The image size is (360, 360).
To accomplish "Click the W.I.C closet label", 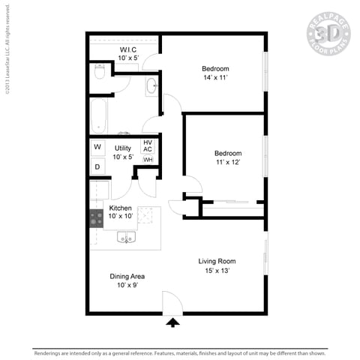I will [126, 49].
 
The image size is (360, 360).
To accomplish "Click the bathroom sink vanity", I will [151, 85].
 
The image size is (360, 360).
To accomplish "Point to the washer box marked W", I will [98, 147].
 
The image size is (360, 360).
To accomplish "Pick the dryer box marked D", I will [98, 167].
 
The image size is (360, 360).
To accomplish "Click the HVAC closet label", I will [148, 145].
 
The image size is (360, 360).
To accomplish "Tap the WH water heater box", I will [148, 160].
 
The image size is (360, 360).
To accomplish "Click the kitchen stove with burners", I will [97, 218].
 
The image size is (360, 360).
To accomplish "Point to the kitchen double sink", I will [126, 238].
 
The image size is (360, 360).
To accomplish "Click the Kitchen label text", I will [121, 208].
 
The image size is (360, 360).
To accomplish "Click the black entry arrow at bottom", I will [173, 322].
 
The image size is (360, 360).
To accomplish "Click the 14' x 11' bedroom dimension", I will [215, 77].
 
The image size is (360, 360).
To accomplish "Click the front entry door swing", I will [172, 304].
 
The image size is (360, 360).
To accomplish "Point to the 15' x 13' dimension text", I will [217, 270].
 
